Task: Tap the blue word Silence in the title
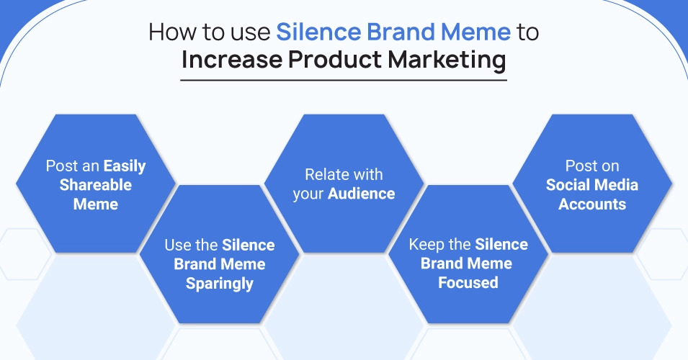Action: coord(318,32)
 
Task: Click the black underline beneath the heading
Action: coord(344,80)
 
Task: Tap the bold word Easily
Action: coord(125,166)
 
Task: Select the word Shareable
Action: coord(96,185)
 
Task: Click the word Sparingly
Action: coord(220,284)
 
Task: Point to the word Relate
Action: coord(324,174)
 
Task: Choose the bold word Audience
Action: coord(362,194)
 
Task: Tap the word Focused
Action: coord(468,283)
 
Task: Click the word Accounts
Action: coord(592,204)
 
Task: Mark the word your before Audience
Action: coord(308,194)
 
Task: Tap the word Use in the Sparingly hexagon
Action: coord(178,245)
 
